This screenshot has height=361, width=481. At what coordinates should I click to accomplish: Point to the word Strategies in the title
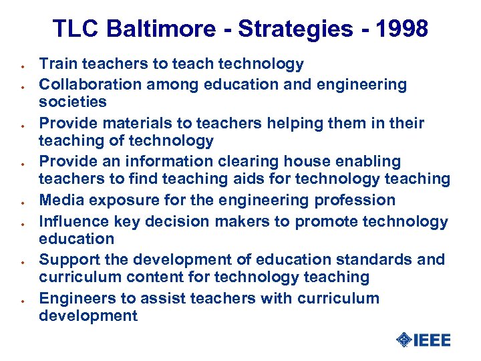(x=296, y=29)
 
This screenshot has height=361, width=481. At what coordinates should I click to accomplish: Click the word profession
(x=358, y=200)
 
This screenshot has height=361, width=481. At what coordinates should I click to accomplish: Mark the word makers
(x=249, y=221)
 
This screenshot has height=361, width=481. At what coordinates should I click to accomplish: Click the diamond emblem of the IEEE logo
(x=404, y=340)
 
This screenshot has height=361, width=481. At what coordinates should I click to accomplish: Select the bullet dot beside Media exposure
(x=23, y=202)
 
